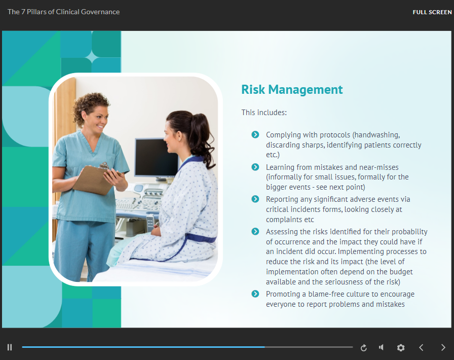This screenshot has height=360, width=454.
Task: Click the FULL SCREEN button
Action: coord(432,12)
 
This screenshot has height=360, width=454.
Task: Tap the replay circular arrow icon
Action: coord(364,347)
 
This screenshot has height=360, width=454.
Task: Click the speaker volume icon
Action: coord(382,347)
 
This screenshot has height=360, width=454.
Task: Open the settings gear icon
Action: coord(401,347)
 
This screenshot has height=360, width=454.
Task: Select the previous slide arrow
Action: coord(421,347)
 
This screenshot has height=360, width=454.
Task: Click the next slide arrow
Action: coord(443,347)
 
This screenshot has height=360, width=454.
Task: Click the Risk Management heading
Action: coord(292,90)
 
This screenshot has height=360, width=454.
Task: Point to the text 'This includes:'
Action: coord(264,113)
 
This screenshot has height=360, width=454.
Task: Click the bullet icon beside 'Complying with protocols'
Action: coord(255,134)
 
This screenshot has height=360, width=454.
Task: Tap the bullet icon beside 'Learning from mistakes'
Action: coord(255,167)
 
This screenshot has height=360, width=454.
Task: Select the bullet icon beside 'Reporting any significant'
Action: coord(255,199)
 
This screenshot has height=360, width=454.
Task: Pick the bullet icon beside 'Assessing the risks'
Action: coord(255,231)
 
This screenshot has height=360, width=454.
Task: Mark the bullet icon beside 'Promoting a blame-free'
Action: coord(255,294)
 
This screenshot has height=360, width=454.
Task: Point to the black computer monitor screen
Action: coord(157,157)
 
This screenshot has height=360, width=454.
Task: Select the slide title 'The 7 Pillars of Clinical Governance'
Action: coord(63,12)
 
